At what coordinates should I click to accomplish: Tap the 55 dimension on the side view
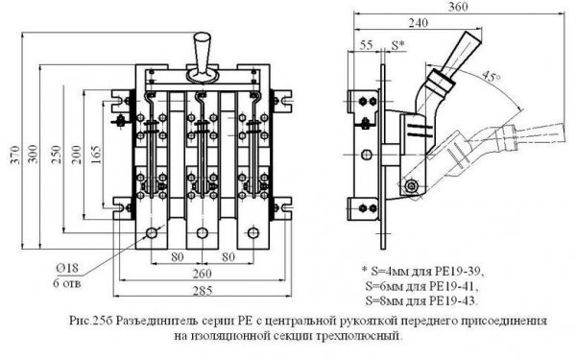365,44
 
